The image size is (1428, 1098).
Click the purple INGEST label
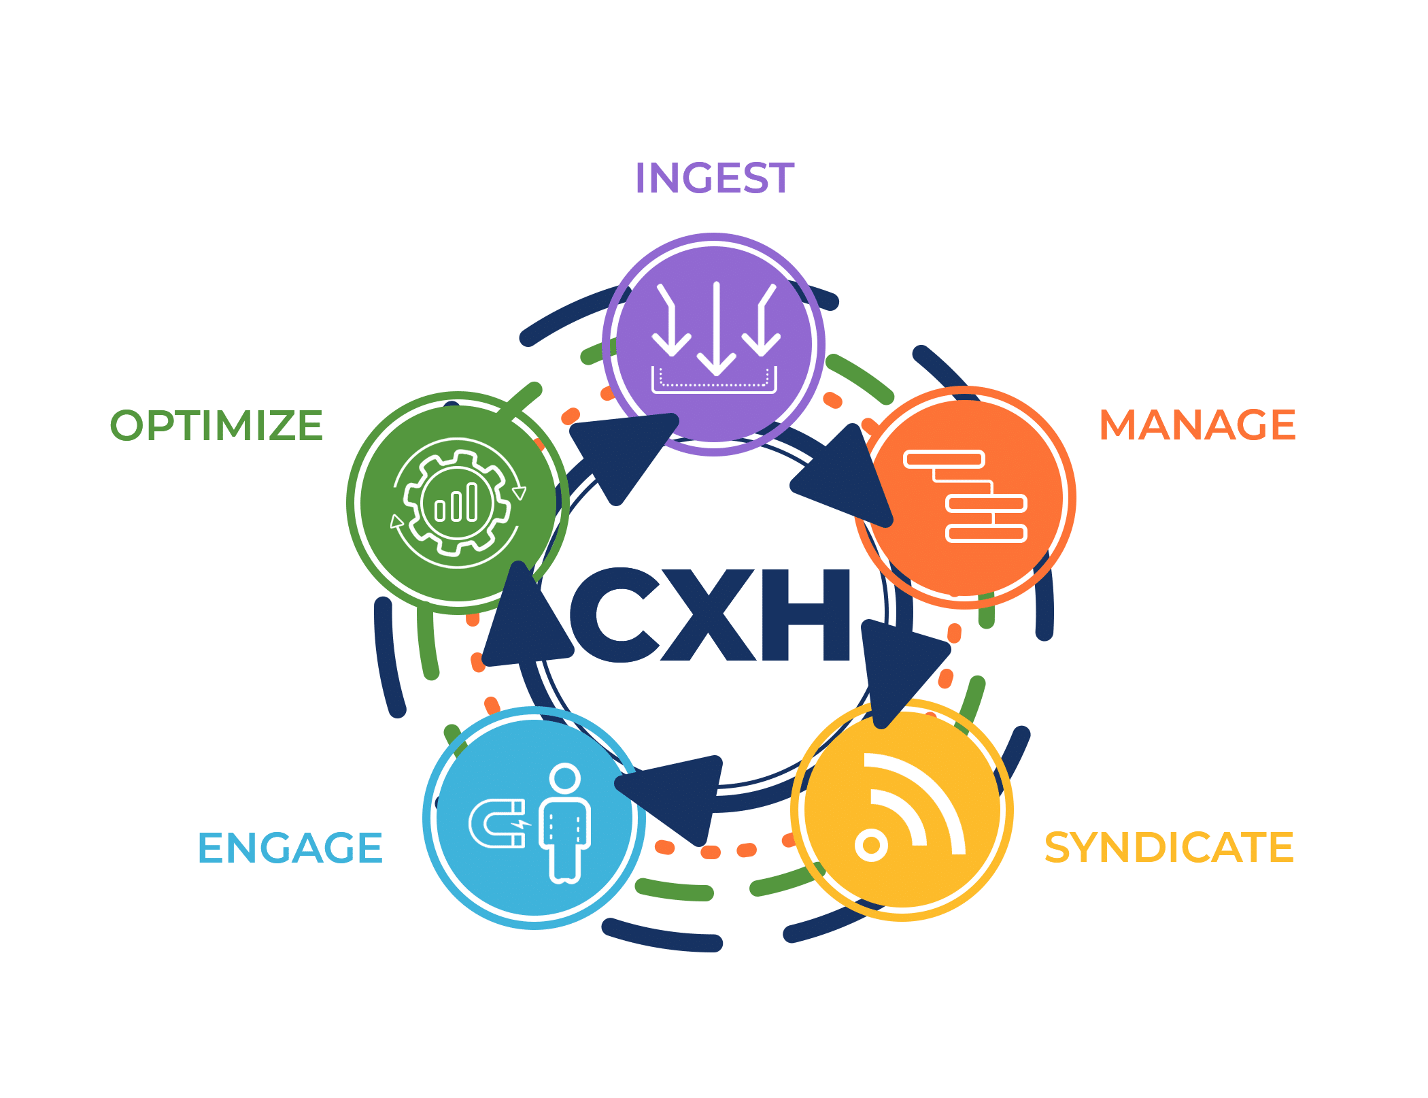coord(714,178)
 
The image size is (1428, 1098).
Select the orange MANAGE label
coord(1197,425)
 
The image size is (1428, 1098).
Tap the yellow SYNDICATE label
coord(1169,848)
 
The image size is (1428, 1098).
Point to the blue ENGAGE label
coord(290,848)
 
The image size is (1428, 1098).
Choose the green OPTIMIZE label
coord(216,426)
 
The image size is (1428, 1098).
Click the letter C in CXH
coord(614,615)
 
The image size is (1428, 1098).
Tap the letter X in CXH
coord(709,615)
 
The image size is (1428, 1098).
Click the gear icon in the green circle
coord(458,503)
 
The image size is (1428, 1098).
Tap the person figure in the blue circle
coord(565,823)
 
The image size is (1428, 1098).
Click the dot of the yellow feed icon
coord(871,846)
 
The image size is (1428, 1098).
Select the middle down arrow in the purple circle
coord(717,329)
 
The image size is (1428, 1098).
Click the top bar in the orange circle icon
coord(944,460)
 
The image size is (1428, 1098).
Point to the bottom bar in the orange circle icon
coord(986,534)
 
